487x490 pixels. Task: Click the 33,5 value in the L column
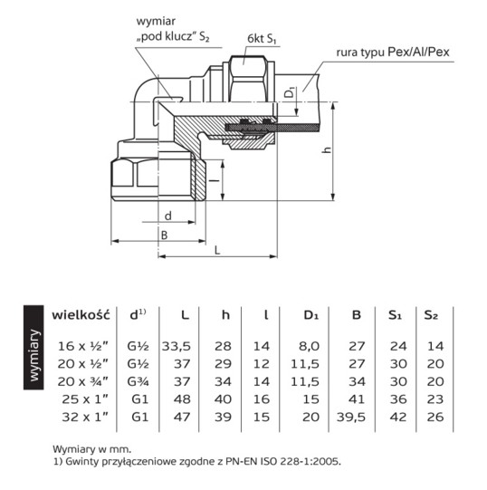pos(177,347)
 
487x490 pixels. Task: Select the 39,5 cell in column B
pos(351,418)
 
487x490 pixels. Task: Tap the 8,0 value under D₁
pos(310,346)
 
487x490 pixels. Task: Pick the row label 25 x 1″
pos(85,399)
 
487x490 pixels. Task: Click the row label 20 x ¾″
pos(82,381)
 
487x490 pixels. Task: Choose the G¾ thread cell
pos(138,381)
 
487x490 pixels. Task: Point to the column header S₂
pos(431,315)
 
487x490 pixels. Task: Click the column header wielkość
pos(81,315)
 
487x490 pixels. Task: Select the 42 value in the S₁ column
pos(398,418)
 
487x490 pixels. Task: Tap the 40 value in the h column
pos(223,399)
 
